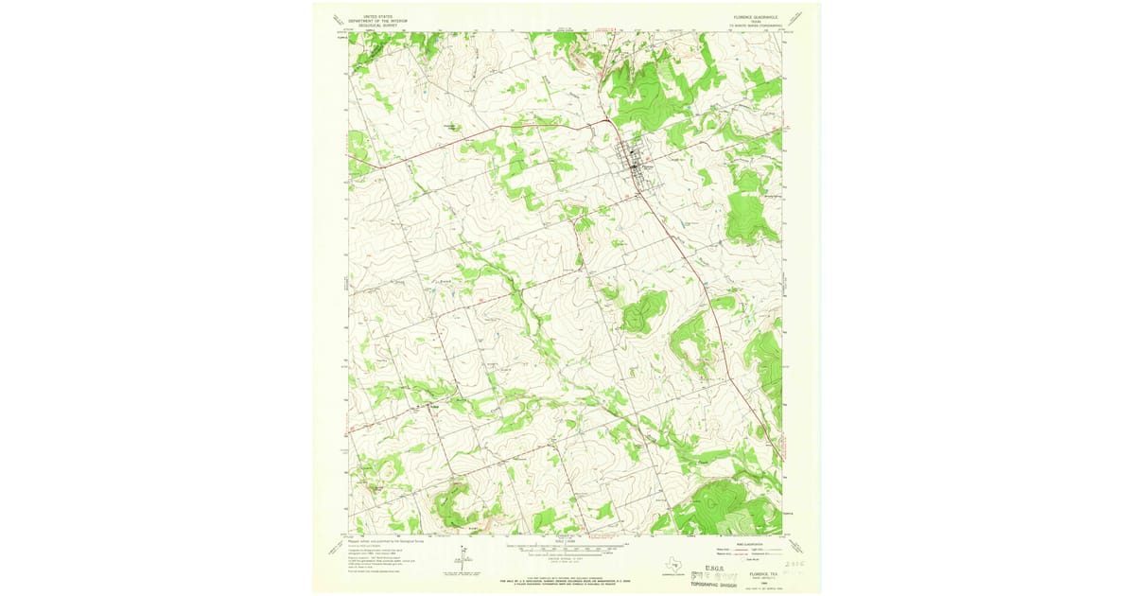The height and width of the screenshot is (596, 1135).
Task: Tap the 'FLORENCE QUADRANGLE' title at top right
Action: pos(752,15)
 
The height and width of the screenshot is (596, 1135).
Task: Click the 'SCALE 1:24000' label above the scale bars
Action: pos(566,541)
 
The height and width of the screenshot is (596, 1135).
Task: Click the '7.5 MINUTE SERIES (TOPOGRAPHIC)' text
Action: pos(752,25)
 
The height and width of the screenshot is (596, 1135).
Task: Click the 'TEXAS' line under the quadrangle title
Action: pos(752,20)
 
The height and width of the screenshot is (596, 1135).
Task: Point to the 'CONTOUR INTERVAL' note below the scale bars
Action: pos(566,558)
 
